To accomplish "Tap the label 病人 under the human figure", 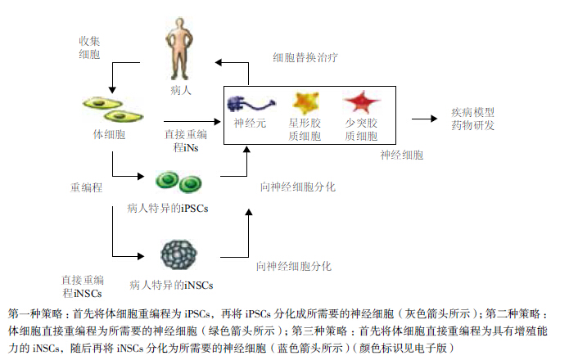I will click(181, 91).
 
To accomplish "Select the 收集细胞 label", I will click(89, 48).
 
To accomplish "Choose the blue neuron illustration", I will click(251, 104).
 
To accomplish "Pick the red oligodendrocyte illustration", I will click(359, 103).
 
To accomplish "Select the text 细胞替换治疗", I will click(305, 59).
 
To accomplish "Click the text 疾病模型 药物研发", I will click(472, 119).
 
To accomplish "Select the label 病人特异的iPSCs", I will click(168, 209).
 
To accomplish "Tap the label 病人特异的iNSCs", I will click(171, 286).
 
